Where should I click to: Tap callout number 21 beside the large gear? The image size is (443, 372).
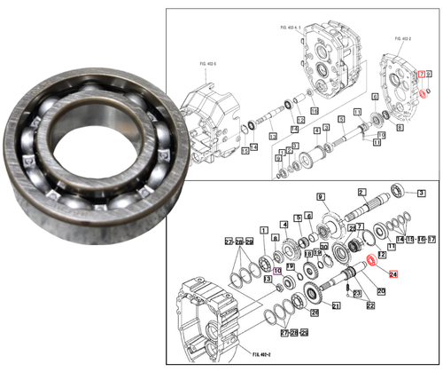tap(336, 306)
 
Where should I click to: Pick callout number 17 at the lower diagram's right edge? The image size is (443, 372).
tap(421, 240)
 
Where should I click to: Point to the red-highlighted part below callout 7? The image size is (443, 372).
tap(424, 91)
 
